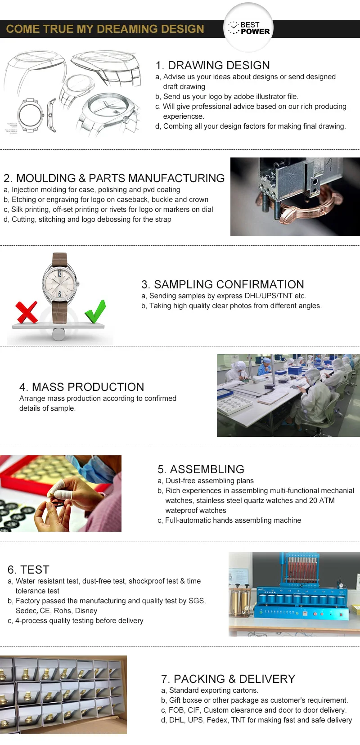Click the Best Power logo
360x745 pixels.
(248, 28)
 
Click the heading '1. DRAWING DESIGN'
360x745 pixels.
(212, 65)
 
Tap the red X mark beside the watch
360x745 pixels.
(27, 312)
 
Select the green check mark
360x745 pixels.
(95, 311)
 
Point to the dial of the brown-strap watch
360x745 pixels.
(60, 284)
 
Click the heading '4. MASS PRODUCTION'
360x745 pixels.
(81, 387)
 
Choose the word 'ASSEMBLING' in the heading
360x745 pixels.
(207, 469)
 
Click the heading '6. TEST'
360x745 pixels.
(28, 570)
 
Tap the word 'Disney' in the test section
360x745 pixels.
(86, 610)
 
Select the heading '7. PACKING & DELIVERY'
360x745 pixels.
(228, 679)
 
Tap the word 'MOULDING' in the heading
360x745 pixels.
(46, 178)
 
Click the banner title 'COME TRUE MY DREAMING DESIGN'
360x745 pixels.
(105, 29)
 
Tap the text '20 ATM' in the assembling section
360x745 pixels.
(322, 501)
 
